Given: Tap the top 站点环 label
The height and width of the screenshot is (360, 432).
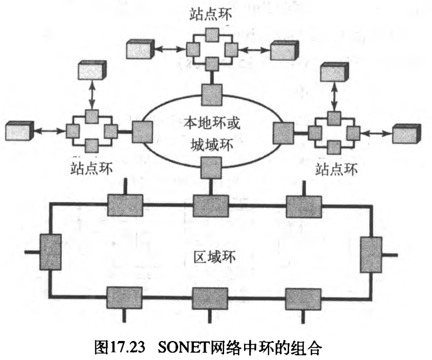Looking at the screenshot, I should tap(211, 13).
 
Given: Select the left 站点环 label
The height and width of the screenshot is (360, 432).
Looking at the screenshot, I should tap(91, 168).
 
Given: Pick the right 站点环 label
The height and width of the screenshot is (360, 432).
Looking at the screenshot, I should tap(336, 169).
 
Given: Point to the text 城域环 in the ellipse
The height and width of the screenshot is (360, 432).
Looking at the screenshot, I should tap(211, 145).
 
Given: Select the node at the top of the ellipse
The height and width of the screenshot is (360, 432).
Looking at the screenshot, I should tap(211, 95).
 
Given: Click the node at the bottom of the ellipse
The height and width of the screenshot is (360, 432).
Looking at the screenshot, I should tap(211, 167).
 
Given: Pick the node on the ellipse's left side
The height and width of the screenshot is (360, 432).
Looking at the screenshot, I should tap(142, 132).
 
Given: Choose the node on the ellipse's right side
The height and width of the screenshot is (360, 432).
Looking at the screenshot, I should tap(282, 132).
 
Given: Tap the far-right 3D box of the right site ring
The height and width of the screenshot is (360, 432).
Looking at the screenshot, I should tap(405, 133).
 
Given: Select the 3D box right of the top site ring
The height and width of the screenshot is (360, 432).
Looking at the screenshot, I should tap(284, 50).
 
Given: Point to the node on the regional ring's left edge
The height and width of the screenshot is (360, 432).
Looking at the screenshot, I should tap(51, 252).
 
